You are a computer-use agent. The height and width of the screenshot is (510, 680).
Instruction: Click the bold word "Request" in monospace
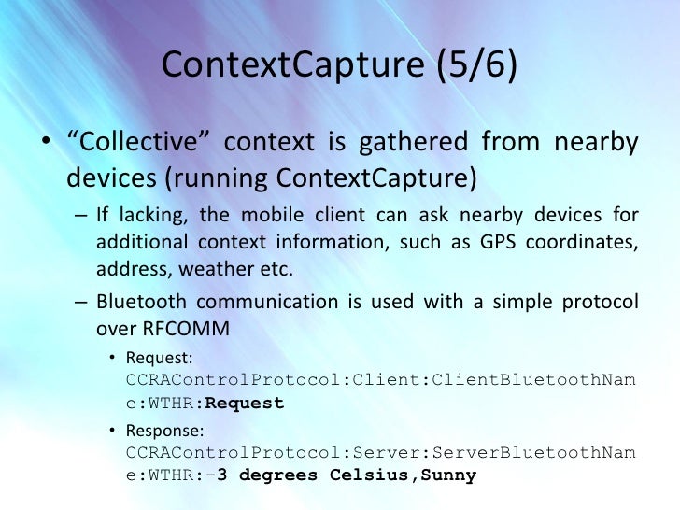[244, 403]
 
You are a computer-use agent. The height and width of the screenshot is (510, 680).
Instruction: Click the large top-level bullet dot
[44, 144]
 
